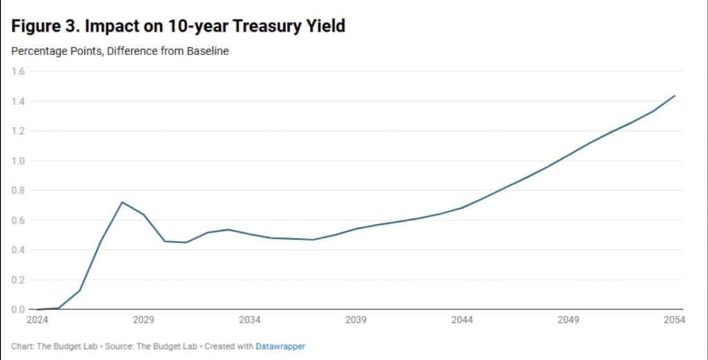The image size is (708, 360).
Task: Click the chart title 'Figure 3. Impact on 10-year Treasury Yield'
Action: tap(178, 27)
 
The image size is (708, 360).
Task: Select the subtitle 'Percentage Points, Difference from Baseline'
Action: tap(120, 51)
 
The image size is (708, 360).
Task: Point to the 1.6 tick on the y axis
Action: tap(18, 71)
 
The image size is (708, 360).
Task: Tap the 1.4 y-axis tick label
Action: tap(18, 102)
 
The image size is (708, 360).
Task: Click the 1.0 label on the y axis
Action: tap(18, 161)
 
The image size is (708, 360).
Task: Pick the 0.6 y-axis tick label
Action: tap(18, 220)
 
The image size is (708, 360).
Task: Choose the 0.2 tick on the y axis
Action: tap(18, 280)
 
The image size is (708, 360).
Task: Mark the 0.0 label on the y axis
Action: tap(18, 310)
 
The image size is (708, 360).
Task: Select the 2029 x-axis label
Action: tap(143, 320)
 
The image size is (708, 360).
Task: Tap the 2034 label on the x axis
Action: tap(250, 320)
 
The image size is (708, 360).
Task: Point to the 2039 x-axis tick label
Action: tap(355, 320)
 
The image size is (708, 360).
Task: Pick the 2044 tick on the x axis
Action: tap(462, 320)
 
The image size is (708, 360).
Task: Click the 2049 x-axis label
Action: tap(568, 320)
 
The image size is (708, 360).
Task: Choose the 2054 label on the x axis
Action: tap(674, 320)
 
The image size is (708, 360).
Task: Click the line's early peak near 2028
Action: tap(122, 202)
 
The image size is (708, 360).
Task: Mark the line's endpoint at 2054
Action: tap(674, 95)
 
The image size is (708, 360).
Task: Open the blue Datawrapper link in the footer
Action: tap(280, 346)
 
